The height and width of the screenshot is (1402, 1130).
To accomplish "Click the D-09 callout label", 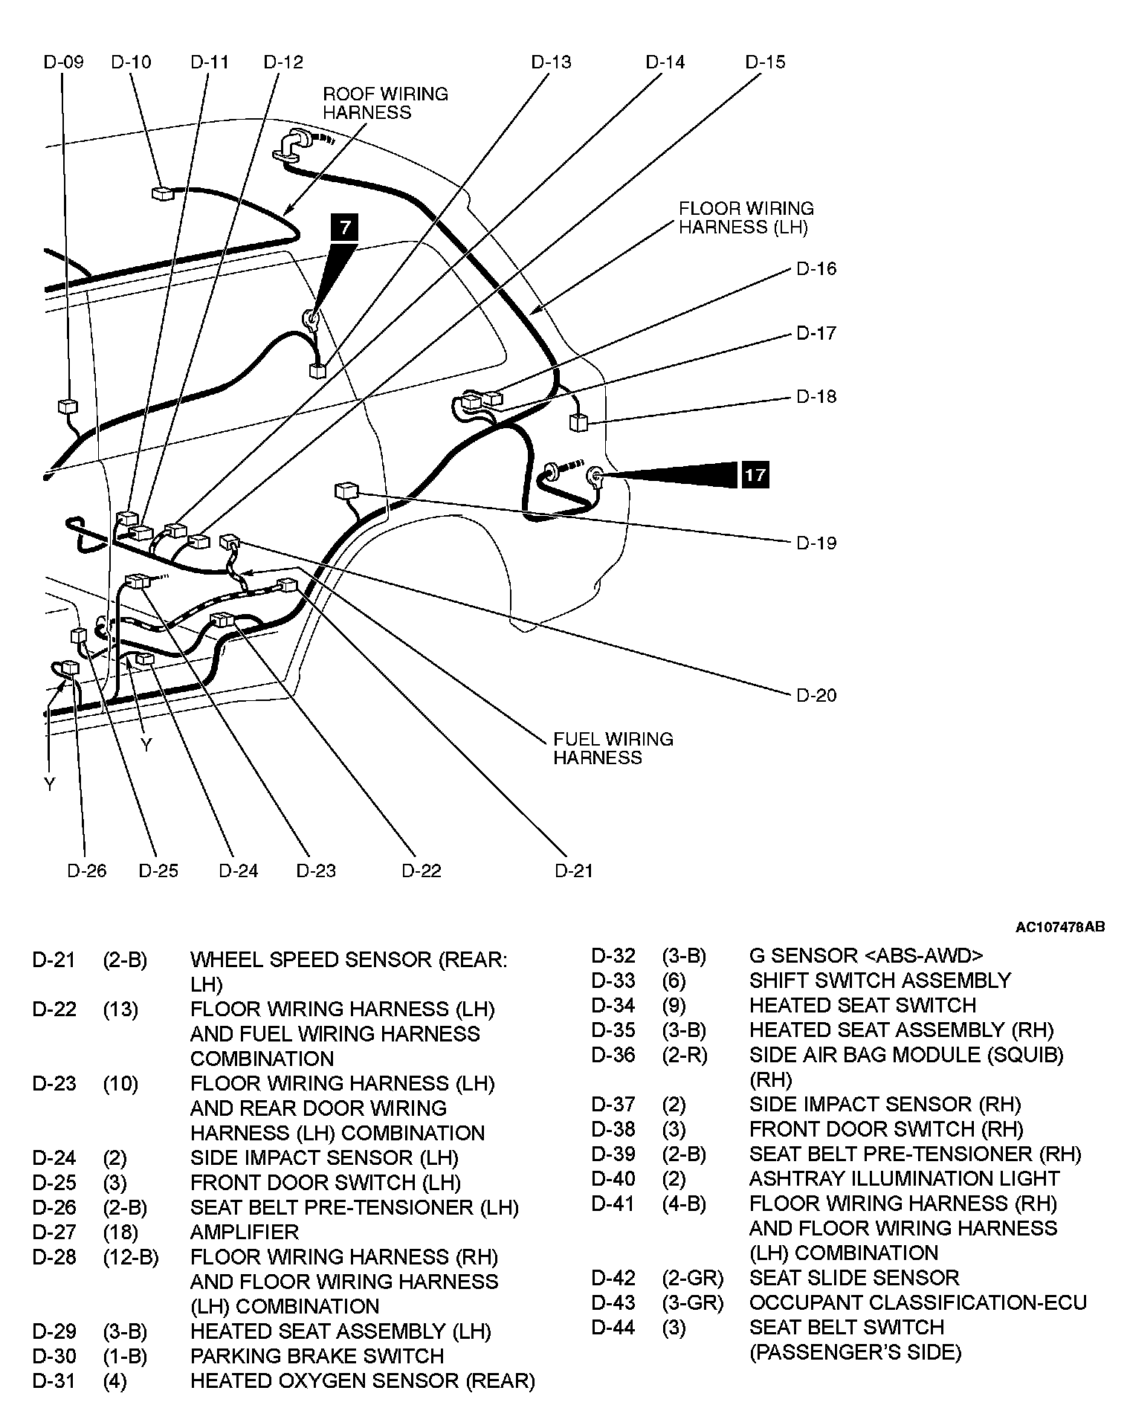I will (63, 62).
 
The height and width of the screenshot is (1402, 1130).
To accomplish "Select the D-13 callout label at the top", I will (551, 62).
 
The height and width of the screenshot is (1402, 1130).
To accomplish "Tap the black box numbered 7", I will (345, 227).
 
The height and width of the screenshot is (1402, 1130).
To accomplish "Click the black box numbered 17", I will (755, 474).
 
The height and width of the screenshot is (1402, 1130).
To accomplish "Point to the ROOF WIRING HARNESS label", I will (385, 103).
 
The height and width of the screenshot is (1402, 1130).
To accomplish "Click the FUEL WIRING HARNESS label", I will (613, 748).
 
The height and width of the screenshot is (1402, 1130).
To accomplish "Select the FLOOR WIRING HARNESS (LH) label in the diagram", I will (746, 218).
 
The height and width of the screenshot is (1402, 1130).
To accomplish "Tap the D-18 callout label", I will (816, 396).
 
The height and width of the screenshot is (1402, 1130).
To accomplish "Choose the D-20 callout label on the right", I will (816, 695).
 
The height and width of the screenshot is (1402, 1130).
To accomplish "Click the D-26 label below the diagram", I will (87, 870).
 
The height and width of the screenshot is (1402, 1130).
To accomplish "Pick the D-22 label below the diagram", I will (422, 870).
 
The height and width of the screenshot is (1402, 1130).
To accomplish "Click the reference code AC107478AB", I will (1060, 927).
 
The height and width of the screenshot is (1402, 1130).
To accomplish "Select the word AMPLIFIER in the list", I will (244, 1232).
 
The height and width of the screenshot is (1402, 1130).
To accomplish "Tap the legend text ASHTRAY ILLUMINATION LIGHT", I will (904, 1178).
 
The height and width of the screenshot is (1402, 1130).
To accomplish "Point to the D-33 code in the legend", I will (613, 981).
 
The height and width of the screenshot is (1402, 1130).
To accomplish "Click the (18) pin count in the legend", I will (120, 1232).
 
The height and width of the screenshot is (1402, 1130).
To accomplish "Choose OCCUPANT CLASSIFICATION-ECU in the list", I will (917, 1302).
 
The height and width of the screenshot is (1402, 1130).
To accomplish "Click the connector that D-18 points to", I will (578, 423).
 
